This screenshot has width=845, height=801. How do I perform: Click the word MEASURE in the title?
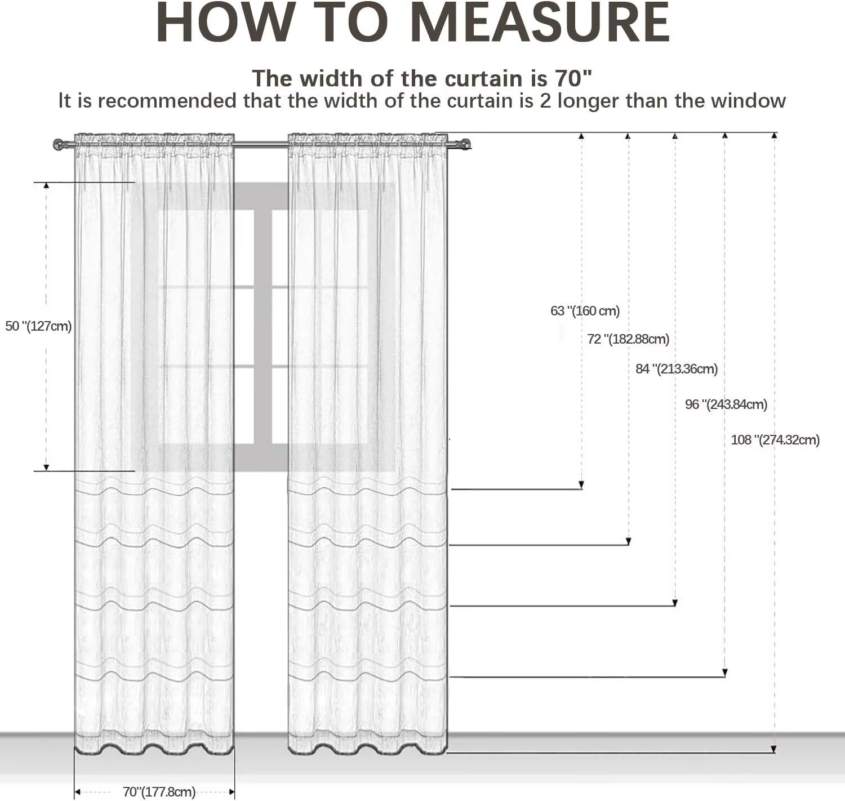pos(540,24)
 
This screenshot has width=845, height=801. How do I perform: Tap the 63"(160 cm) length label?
pos(585,311)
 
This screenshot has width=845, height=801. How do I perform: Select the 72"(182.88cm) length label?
pos(628,339)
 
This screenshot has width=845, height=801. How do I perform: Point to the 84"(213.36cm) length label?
pos(677,369)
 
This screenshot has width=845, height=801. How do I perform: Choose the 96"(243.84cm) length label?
pos(726,404)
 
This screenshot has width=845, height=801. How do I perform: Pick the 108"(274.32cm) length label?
pos(775,440)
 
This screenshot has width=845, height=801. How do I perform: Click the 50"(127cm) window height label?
pos(38,326)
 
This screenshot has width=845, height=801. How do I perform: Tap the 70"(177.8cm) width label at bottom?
pos(159,792)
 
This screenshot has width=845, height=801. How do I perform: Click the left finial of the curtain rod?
pos(59,145)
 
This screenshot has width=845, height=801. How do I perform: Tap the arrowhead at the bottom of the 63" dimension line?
pos(582,485)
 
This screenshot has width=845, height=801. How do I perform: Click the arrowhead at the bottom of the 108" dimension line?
pos(774,749)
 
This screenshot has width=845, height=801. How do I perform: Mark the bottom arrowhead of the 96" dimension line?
pos(725,673)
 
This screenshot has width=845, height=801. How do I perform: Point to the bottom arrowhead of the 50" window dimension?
pos(46,467)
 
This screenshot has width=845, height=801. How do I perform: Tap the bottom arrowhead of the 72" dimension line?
pos(629,541)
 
